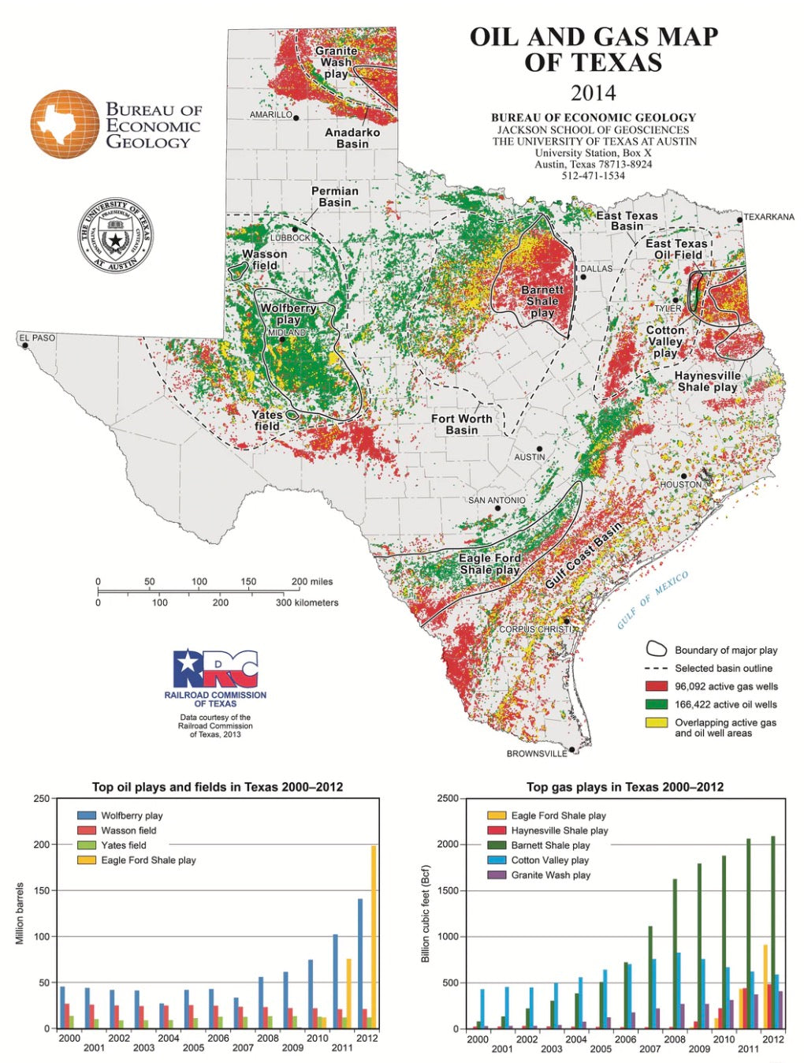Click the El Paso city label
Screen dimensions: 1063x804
[38, 338]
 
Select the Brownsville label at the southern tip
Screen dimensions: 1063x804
[536, 754]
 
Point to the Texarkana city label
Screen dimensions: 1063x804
[769, 217]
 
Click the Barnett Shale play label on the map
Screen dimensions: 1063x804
[542, 301]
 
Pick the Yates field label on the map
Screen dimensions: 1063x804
[266, 420]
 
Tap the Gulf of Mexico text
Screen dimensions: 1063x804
[653, 600]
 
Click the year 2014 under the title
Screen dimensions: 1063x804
[593, 93]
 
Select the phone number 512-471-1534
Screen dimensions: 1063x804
[593, 176]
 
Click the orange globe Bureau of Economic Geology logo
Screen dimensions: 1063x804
[65, 124]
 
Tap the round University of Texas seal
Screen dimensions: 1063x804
[115, 236]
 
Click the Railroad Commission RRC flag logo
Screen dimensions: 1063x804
[215, 669]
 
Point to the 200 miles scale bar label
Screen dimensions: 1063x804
[312, 582]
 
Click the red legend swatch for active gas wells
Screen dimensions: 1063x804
[657, 687]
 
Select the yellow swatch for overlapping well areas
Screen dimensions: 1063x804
[657, 722]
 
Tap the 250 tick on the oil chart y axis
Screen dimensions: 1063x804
[41, 799]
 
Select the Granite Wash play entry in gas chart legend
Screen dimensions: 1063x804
[550, 875]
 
